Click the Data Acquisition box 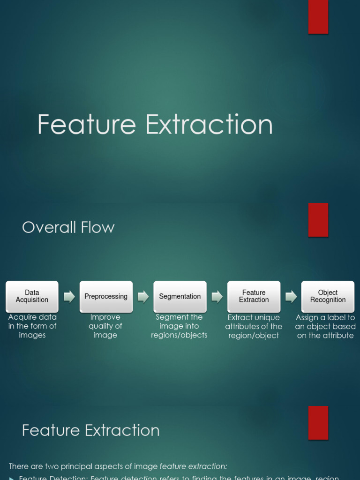tap(32, 296)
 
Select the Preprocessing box tap(106, 296)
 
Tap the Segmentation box tap(180, 296)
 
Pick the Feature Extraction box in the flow tap(254, 296)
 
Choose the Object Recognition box tap(328, 296)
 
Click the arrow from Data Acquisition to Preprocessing tap(69, 296)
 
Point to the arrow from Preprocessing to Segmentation tap(143, 296)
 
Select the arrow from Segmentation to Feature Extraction tap(217, 296)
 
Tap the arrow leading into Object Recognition tap(291, 296)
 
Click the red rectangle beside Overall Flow tap(318, 220)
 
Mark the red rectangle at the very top tap(318, 17)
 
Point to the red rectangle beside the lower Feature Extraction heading tap(318, 422)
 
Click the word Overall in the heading tap(49, 227)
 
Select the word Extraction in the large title tap(209, 125)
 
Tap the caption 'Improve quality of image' tap(105, 326)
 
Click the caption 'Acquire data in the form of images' tap(32, 326)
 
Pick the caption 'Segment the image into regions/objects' tap(179, 326)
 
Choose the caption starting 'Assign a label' tap(325, 326)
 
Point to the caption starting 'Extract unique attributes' tap(254, 326)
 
